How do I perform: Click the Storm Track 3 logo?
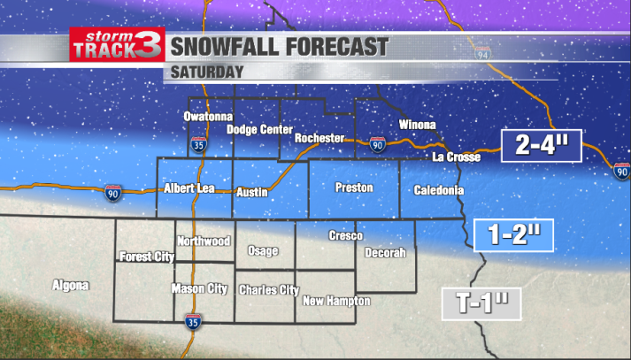116,45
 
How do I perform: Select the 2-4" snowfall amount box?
540,146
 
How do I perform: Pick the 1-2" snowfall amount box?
514,234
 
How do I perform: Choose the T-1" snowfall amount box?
481,303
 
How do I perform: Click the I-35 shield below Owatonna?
199,144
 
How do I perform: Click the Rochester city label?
319,137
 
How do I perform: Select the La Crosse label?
456,157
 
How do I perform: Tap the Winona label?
418,124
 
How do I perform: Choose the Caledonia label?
438,190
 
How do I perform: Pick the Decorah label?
386,253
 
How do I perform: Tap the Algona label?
71,286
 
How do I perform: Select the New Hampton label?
336,301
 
